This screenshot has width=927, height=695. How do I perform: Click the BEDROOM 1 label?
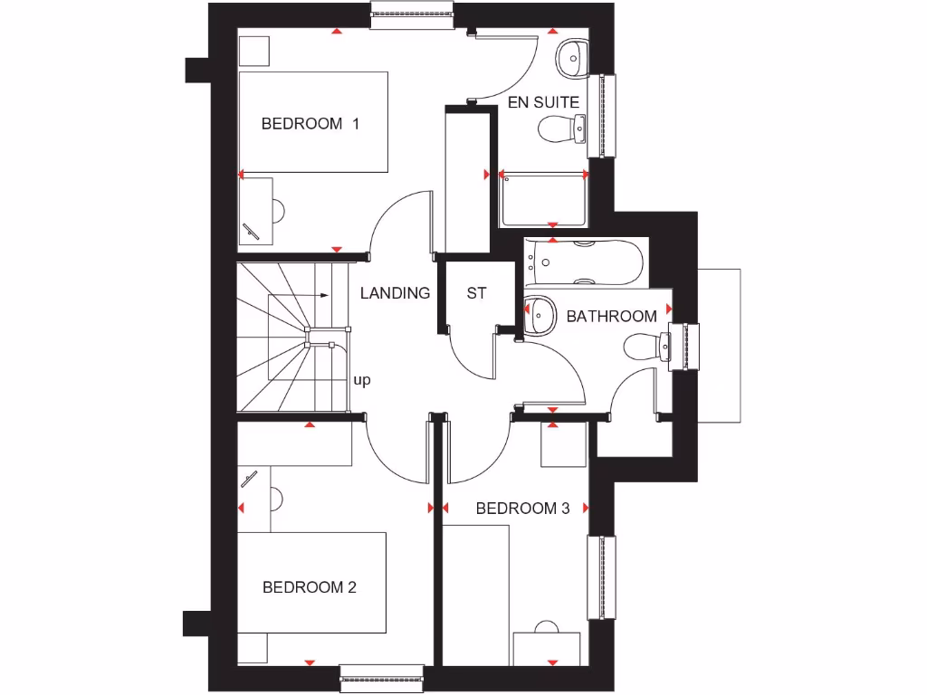coord(311,124)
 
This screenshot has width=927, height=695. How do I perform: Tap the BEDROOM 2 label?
coord(310,587)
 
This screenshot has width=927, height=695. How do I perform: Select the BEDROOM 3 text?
coord(522,509)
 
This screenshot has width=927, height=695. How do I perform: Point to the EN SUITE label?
coord(543,102)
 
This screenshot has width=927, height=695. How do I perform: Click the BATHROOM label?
coord(612,316)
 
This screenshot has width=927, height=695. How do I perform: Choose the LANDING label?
coord(395,293)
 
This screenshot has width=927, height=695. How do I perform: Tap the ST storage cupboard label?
coord(476,293)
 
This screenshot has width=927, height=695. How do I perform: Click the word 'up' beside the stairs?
coord(362,380)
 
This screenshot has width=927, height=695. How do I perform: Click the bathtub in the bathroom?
coord(583,262)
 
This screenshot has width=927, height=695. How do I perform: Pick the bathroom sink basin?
coord(540,313)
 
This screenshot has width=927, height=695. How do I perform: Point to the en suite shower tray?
coord(543,202)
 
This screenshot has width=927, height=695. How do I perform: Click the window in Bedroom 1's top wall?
coord(412,14)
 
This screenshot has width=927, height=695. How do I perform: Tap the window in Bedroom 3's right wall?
coord(602,577)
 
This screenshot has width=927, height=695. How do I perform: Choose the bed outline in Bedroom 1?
coord(313,122)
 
